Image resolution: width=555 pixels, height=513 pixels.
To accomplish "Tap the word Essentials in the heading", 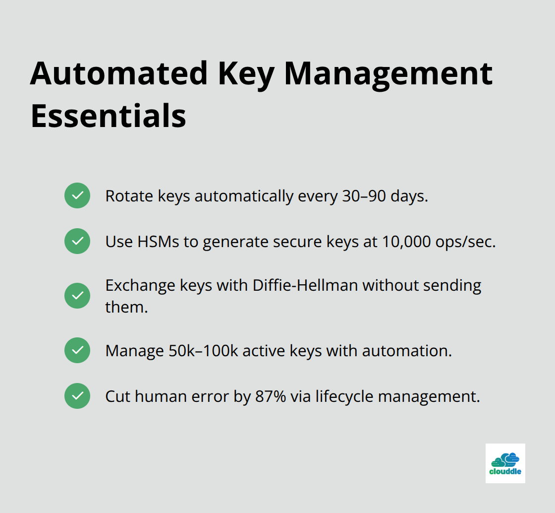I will point(108,116).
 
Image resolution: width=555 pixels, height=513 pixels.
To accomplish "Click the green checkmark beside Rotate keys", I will point(77,195).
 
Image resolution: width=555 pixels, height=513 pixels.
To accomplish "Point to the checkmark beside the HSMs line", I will point(77,241).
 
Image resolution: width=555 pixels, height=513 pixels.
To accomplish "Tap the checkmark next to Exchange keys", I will point(77,296).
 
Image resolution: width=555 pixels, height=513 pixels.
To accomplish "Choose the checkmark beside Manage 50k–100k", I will point(77,350).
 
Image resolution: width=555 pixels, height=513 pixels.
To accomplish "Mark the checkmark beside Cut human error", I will point(77,396).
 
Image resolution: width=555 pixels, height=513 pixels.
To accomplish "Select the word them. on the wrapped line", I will point(126,307).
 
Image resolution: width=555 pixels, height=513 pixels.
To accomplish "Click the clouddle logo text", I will point(505,472).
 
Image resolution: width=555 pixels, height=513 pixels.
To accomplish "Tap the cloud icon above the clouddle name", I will point(505,459).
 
